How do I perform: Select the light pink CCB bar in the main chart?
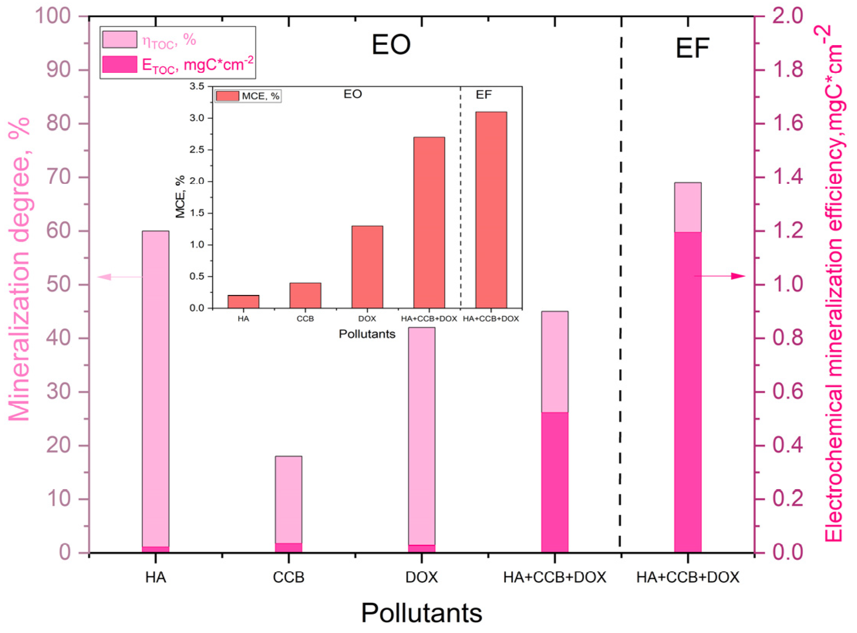click(288, 501)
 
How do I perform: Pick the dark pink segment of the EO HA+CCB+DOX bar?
click(554, 482)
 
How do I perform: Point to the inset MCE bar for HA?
click(243, 301)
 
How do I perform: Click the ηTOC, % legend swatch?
click(120, 39)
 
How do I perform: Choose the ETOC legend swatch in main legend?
click(120, 64)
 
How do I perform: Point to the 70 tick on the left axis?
click(60, 178)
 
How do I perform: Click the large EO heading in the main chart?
click(391, 44)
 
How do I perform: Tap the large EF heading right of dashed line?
click(692, 48)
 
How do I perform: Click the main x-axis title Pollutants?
click(421, 613)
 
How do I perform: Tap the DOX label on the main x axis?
click(421, 577)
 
